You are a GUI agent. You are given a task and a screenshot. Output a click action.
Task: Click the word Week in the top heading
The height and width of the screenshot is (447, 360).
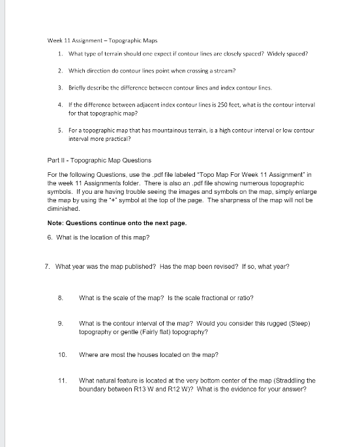tap(55, 40)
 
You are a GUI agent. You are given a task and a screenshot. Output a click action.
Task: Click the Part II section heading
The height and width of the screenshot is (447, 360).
tap(100, 161)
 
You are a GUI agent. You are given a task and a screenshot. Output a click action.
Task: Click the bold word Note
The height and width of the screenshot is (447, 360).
tap(57, 223)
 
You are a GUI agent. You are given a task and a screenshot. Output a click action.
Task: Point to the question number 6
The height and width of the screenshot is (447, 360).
tap(50, 236)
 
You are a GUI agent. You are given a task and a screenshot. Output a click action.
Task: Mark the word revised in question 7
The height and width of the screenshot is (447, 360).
tap(226, 268)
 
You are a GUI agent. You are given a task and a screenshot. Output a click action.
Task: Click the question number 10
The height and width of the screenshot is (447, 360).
tap(63, 355)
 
